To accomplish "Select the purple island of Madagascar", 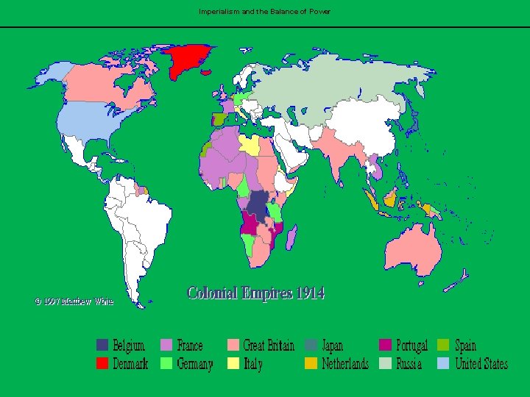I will (x=291, y=237).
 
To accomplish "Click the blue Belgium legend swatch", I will (x=102, y=345).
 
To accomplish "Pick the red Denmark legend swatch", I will (x=102, y=363).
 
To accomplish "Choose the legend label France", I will (x=190, y=345).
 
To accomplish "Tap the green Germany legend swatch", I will (x=166, y=363).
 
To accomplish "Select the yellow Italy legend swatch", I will (x=232, y=363).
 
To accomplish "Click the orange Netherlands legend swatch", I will (x=311, y=363).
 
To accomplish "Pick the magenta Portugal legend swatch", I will (x=385, y=345).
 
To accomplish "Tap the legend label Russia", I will (x=409, y=363).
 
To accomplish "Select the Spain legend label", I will (x=465, y=345).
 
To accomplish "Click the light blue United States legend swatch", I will (x=443, y=363).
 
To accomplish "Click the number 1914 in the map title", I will (x=310, y=293).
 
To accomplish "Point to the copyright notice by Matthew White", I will (x=74, y=301).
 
